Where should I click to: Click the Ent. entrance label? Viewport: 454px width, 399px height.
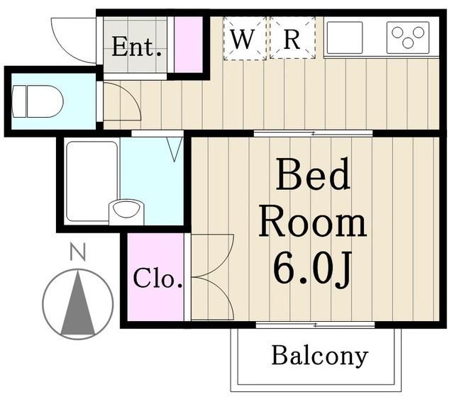point(137,48)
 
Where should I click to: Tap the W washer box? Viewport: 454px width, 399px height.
point(244,39)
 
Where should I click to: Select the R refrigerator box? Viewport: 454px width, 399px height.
point(292,39)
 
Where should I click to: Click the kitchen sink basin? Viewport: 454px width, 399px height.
point(344,35)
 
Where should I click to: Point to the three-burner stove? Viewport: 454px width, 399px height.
point(408,37)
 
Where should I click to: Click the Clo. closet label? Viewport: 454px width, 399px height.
point(157,279)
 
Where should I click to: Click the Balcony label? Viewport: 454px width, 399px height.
point(319,355)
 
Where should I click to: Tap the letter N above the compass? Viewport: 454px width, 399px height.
point(77,251)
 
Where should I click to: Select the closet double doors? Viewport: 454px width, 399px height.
point(211,276)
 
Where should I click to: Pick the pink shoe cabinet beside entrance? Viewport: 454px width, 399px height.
point(188,45)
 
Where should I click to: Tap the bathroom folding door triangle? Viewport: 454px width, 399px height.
point(175,147)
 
